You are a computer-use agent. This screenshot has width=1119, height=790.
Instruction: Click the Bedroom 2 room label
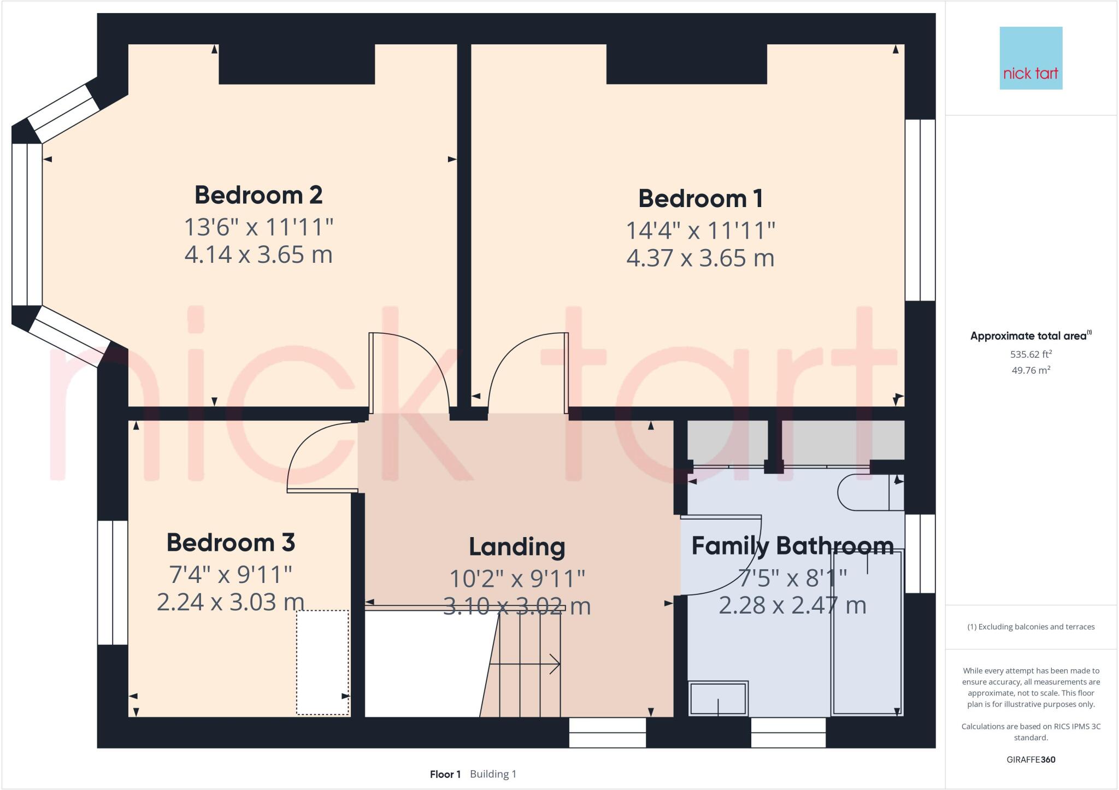click(258, 195)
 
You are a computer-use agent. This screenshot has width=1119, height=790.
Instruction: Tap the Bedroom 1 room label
click(700, 198)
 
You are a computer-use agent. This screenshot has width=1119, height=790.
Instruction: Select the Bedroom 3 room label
click(231, 543)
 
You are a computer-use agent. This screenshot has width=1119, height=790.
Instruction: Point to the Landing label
click(517, 547)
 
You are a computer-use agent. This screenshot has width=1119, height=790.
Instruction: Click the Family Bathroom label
click(792, 546)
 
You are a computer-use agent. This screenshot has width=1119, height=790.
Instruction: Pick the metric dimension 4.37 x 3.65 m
click(700, 258)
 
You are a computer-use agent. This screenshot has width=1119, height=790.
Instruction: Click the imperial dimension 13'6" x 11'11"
click(258, 227)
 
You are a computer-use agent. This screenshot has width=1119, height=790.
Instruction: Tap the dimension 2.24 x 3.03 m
click(231, 602)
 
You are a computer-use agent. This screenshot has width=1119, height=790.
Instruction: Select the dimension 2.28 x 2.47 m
click(792, 605)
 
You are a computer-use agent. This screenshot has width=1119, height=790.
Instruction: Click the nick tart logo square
click(1031, 58)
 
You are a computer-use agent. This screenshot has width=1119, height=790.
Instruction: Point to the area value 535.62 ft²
click(1031, 354)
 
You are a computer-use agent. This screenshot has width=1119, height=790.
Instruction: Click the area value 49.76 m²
click(1031, 370)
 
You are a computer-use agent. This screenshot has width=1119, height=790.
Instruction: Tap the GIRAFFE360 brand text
click(1031, 759)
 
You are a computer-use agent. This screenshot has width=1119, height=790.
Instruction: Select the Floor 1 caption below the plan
click(445, 774)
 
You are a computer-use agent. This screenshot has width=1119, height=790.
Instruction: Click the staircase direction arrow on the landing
click(525, 664)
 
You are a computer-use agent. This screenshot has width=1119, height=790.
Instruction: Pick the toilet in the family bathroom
click(871, 492)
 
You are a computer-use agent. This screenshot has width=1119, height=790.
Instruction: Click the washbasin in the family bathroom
click(718, 698)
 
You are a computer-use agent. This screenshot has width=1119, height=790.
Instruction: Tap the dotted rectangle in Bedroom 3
click(323, 662)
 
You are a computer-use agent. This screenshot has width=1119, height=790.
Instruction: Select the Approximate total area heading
click(1031, 336)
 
